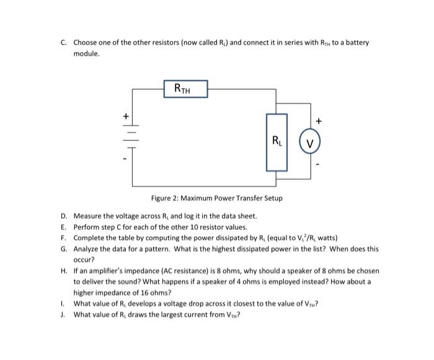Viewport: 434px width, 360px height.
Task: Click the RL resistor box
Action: (277, 142)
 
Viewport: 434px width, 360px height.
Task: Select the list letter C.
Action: (64, 43)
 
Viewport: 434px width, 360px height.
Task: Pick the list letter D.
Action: (64, 216)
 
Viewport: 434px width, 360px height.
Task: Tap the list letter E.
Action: (64, 227)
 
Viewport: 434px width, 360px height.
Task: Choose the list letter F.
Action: (64, 237)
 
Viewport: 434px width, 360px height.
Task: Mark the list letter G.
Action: (64, 248)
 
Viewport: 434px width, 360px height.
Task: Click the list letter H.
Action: (64, 271)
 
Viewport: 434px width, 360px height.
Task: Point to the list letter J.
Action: (64, 314)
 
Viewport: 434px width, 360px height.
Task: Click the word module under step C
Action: (86, 54)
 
